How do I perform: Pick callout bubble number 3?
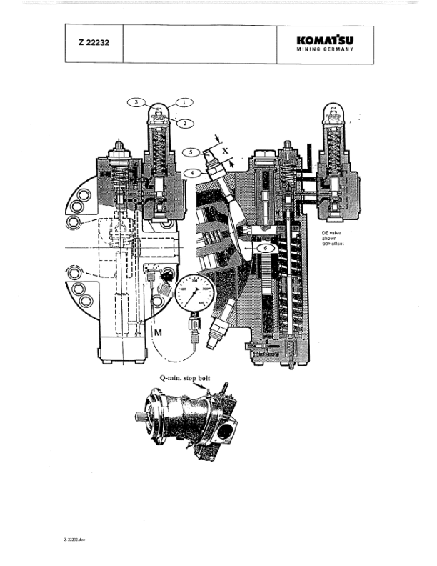coord(137,102)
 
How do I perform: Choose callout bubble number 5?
coord(191,152)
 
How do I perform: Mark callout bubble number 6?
coord(261,247)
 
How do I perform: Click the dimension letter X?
coord(226,152)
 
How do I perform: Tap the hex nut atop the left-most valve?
coord(118,147)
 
